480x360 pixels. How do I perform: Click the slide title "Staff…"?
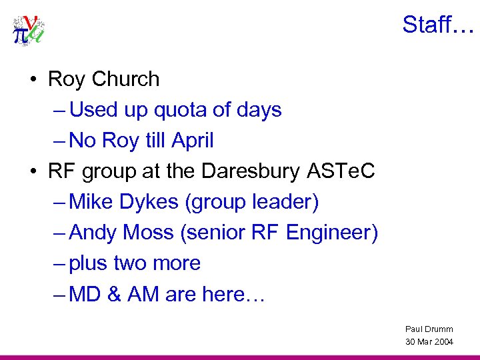(437, 25)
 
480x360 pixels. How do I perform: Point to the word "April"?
(192, 141)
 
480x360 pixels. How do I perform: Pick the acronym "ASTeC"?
(341, 171)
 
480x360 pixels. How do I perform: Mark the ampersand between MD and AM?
(116, 294)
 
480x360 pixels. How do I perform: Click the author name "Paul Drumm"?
(429, 329)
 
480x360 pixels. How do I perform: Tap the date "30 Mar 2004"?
(429, 341)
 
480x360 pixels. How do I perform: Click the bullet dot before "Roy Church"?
(33, 80)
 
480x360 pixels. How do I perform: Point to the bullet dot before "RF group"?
(33, 172)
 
